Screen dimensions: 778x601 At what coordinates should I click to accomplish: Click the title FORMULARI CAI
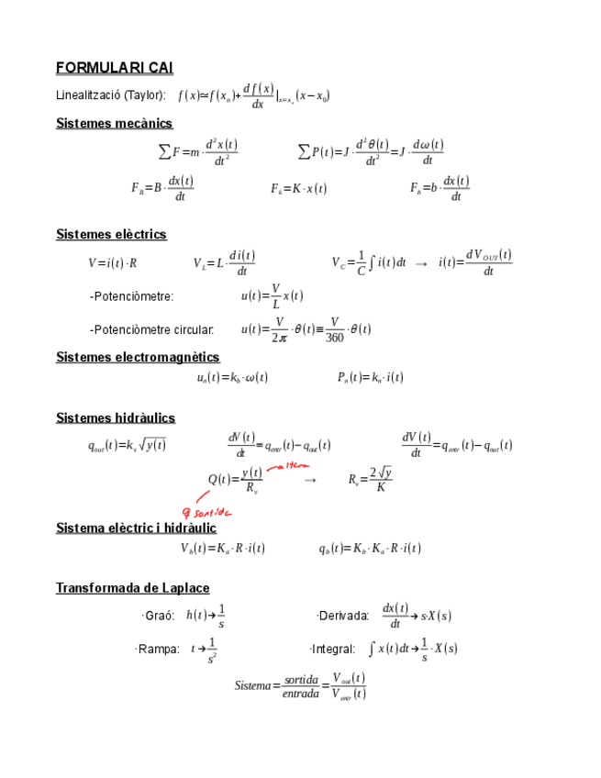click(114, 68)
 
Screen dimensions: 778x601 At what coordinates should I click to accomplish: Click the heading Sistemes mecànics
click(114, 123)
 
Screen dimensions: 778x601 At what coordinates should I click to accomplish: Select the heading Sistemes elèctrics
click(111, 235)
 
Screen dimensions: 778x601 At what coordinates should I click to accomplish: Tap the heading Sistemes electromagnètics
click(138, 357)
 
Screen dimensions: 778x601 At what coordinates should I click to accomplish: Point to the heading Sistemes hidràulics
click(116, 418)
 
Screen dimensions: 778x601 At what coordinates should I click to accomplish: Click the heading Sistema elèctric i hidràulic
click(136, 528)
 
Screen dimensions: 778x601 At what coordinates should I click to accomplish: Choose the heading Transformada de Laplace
click(132, 587)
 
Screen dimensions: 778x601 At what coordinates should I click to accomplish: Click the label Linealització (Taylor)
click(111, 94)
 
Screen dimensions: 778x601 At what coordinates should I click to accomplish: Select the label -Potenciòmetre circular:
click(152, 329)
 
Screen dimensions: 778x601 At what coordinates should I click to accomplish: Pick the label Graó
click(160, 616)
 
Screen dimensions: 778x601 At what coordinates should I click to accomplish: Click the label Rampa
click(158, 649)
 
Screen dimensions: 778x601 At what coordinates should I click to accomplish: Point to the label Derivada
click(343, 616)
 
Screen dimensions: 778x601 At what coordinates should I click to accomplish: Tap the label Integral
click(334, 649)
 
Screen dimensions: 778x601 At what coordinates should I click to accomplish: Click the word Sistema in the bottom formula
click(253, 685)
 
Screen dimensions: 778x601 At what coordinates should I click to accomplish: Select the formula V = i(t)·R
click(113, 263)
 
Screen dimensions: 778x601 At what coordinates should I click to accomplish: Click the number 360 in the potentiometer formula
click(336, 337)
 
